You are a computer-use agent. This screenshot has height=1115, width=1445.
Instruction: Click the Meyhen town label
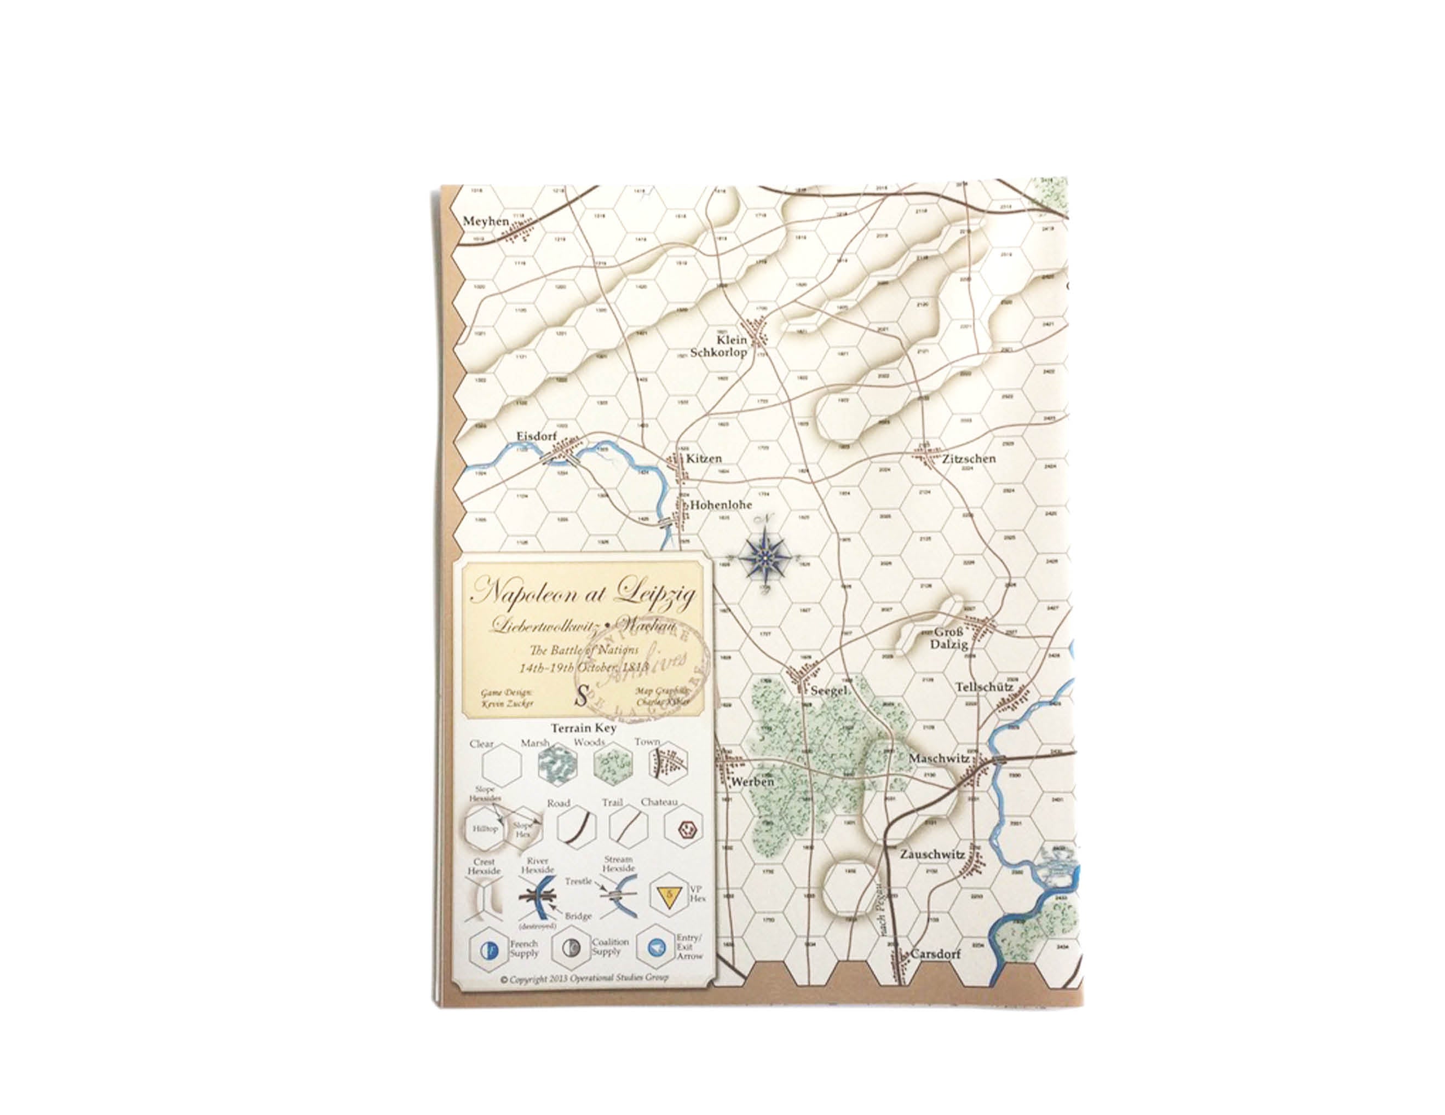coord(486,221)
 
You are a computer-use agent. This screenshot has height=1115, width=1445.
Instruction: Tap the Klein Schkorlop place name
coord(718,346)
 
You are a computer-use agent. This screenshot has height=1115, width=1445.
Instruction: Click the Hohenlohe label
coord(721,504)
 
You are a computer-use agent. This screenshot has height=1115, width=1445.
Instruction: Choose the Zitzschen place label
coord(969,458)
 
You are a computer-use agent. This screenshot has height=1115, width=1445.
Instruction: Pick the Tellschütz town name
coord(984,687)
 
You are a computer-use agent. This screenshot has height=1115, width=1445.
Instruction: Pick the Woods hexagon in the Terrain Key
coord(611,765)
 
